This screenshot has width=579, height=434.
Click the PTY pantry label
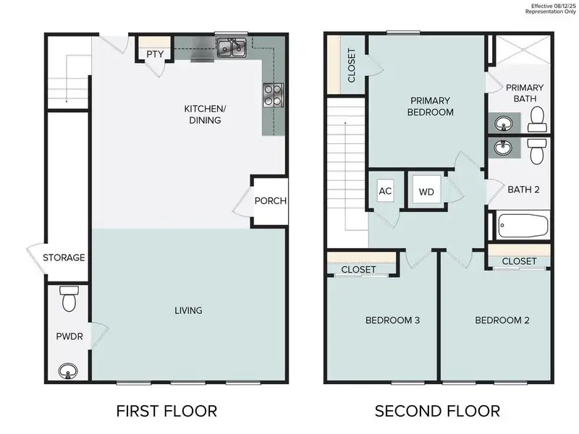pos(154,54)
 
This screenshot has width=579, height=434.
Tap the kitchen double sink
pos(232,48)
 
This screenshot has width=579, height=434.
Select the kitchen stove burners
pos(274,95)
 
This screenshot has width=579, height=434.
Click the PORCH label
pos(271,201)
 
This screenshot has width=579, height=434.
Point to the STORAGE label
pos(64,258)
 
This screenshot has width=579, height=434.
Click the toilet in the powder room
pos(69,298)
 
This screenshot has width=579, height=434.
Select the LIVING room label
pos(187,310)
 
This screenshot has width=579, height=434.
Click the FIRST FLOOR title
pos(166,412)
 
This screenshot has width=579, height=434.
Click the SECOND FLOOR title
pos(437,412)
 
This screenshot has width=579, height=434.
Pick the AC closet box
pos(385,192)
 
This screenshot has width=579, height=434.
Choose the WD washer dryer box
pos(426,192)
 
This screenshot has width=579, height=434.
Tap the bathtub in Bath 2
pos(523,226)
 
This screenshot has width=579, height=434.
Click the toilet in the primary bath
pos(537,118)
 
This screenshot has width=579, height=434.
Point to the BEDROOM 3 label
pos(393,320)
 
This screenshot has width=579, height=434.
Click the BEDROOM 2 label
pos(502,320)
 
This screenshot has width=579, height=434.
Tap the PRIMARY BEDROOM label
pos(431,106)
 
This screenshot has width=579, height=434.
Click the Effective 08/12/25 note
pos(554,6)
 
